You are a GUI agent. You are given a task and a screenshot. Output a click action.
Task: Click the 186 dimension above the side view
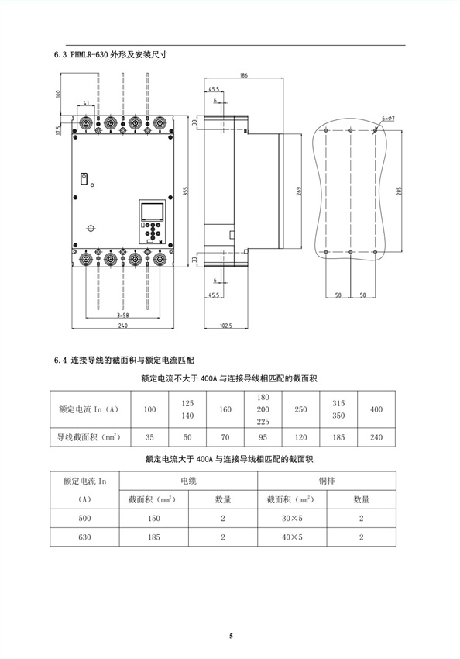(x=244, y=75)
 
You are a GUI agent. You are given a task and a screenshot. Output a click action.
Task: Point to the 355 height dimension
(x=186, y=191)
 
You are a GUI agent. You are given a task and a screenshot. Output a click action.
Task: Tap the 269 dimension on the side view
(x=299, y=191)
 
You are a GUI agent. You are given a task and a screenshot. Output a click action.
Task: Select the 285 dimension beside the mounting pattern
(x=399, y=191)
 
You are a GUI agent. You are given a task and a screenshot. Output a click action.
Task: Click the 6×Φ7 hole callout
(x=388, y=119)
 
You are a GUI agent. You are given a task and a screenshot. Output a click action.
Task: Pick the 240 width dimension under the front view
(x=122, y=326)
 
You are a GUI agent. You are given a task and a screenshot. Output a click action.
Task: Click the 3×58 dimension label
(x=122, y=316)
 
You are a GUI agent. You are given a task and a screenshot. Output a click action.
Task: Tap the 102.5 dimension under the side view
(x=226, y=326)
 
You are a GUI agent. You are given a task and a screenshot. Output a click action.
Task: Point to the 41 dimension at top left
(x=86, y=102)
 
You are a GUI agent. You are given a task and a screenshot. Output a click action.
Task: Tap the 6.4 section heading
(x=124, y=360)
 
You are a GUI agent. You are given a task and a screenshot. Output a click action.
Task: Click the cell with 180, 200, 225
(x=263, y=409)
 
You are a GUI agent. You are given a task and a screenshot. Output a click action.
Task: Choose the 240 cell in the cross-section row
(x=376, y=437)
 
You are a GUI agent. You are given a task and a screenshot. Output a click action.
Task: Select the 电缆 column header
(x=188, y=481)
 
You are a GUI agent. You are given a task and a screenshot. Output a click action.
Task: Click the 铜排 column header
(x=327, y=481)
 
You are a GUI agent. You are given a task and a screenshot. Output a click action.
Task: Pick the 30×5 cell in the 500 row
(x=292, y=518)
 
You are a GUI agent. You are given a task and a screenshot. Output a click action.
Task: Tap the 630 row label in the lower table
(x=84, y=537)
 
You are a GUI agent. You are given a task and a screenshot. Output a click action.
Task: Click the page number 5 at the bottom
(x=231, y=636)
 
